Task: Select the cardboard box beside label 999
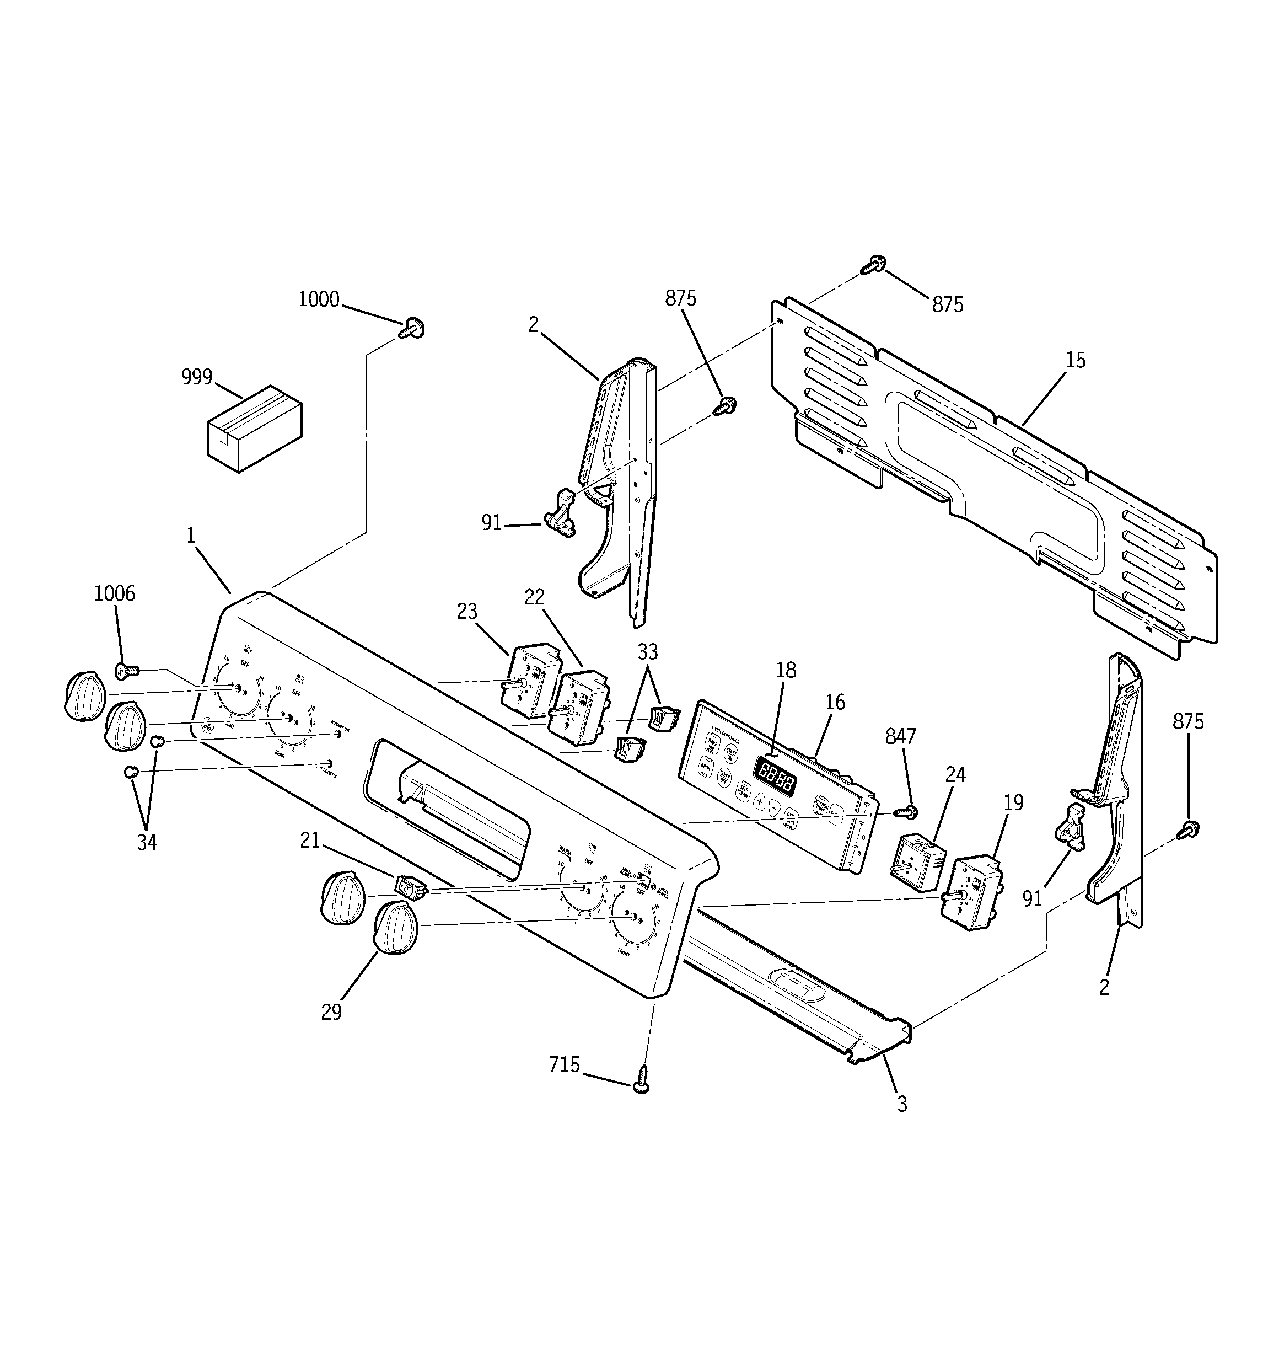(255, 429)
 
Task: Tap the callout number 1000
(319, 299)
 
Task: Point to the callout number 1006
(115, 593)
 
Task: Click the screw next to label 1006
(127, 670)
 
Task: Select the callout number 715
(565, 1065)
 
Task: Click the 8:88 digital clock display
(776, 776)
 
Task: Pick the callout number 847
(900, 736)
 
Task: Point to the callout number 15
(1076, 360)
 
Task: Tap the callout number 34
(147, 843)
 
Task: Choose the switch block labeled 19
(972, 892)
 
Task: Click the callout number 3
(902, 1104)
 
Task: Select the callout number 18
(786, 670)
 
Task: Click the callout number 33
(647, 651)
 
